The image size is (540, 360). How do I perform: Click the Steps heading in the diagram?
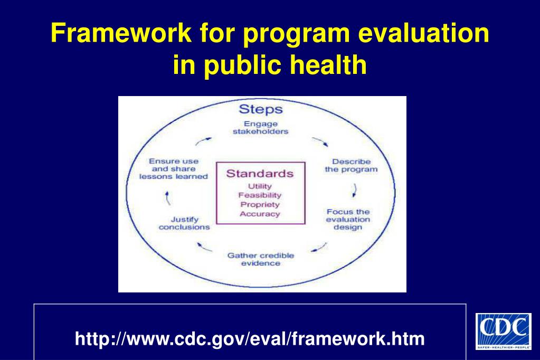pos(261,109)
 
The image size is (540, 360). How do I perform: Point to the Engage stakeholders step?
pos(261,128)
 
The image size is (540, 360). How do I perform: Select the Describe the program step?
pos(351,165)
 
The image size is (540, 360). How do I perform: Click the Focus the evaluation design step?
pos(348,219)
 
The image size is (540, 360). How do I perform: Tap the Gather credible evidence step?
pos(261,259)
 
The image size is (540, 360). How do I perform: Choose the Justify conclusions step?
pos(184,223)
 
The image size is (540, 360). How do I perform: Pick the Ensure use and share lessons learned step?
pos(174,169)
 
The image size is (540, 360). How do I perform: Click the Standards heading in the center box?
pos(260,174)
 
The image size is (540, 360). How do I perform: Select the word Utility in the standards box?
pos(260,186)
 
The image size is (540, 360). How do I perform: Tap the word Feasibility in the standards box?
pos(260,195)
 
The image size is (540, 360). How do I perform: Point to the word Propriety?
pos(260,204)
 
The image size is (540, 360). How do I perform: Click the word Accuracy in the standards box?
pos(260,214)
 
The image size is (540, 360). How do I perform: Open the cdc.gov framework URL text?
pos(250,338)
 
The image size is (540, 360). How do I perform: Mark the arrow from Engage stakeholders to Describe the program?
pos(320,143)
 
